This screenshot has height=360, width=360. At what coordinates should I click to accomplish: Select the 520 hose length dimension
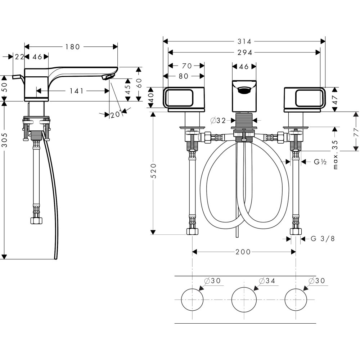[x=154, y=171]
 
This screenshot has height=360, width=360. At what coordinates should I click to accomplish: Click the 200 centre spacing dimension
[x=243, y=252]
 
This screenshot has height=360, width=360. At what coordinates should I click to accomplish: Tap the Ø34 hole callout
[x=267, y=281]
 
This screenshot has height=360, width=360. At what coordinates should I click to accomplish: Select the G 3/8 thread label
[x=323, y=238]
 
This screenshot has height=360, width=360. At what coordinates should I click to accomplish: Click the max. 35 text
[x=336, y=155]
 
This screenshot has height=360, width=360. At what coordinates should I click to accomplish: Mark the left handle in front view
[x=184, y=98]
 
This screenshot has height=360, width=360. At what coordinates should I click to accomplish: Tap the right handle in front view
[x=305, y=98]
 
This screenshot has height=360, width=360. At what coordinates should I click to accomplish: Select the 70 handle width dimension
[x=186, y=66]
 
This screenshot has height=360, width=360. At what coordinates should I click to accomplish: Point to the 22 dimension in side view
[x=20, y=57]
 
